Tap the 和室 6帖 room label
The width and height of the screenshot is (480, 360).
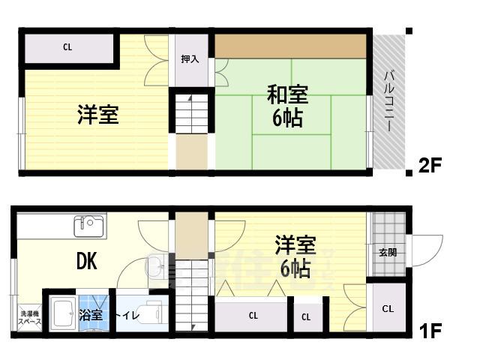(x=287, y=106)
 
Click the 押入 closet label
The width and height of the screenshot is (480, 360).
(x=190, y=58)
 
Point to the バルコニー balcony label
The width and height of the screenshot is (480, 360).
(x=390, y=101)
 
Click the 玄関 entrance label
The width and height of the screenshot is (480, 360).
(x=388, y=252)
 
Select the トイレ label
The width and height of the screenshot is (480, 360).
(x=127, y=316)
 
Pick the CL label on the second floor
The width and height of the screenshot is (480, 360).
(x=67, y=47)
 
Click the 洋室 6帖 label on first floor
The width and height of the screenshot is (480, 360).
(x=295, y=256)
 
